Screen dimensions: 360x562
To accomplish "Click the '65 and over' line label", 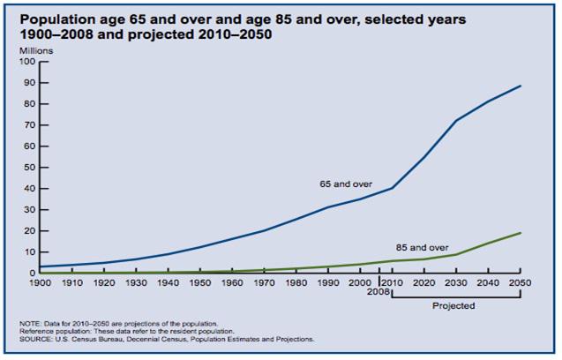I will click(345, 184).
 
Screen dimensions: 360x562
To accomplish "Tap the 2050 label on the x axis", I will click(521, 281).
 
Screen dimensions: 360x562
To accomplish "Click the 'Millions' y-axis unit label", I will click(36, 51).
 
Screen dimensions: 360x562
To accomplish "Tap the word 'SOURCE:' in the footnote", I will click(35, 339).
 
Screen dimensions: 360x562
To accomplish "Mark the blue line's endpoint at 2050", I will click(521, 86).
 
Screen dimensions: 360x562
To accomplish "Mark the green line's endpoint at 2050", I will click(521, 233).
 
